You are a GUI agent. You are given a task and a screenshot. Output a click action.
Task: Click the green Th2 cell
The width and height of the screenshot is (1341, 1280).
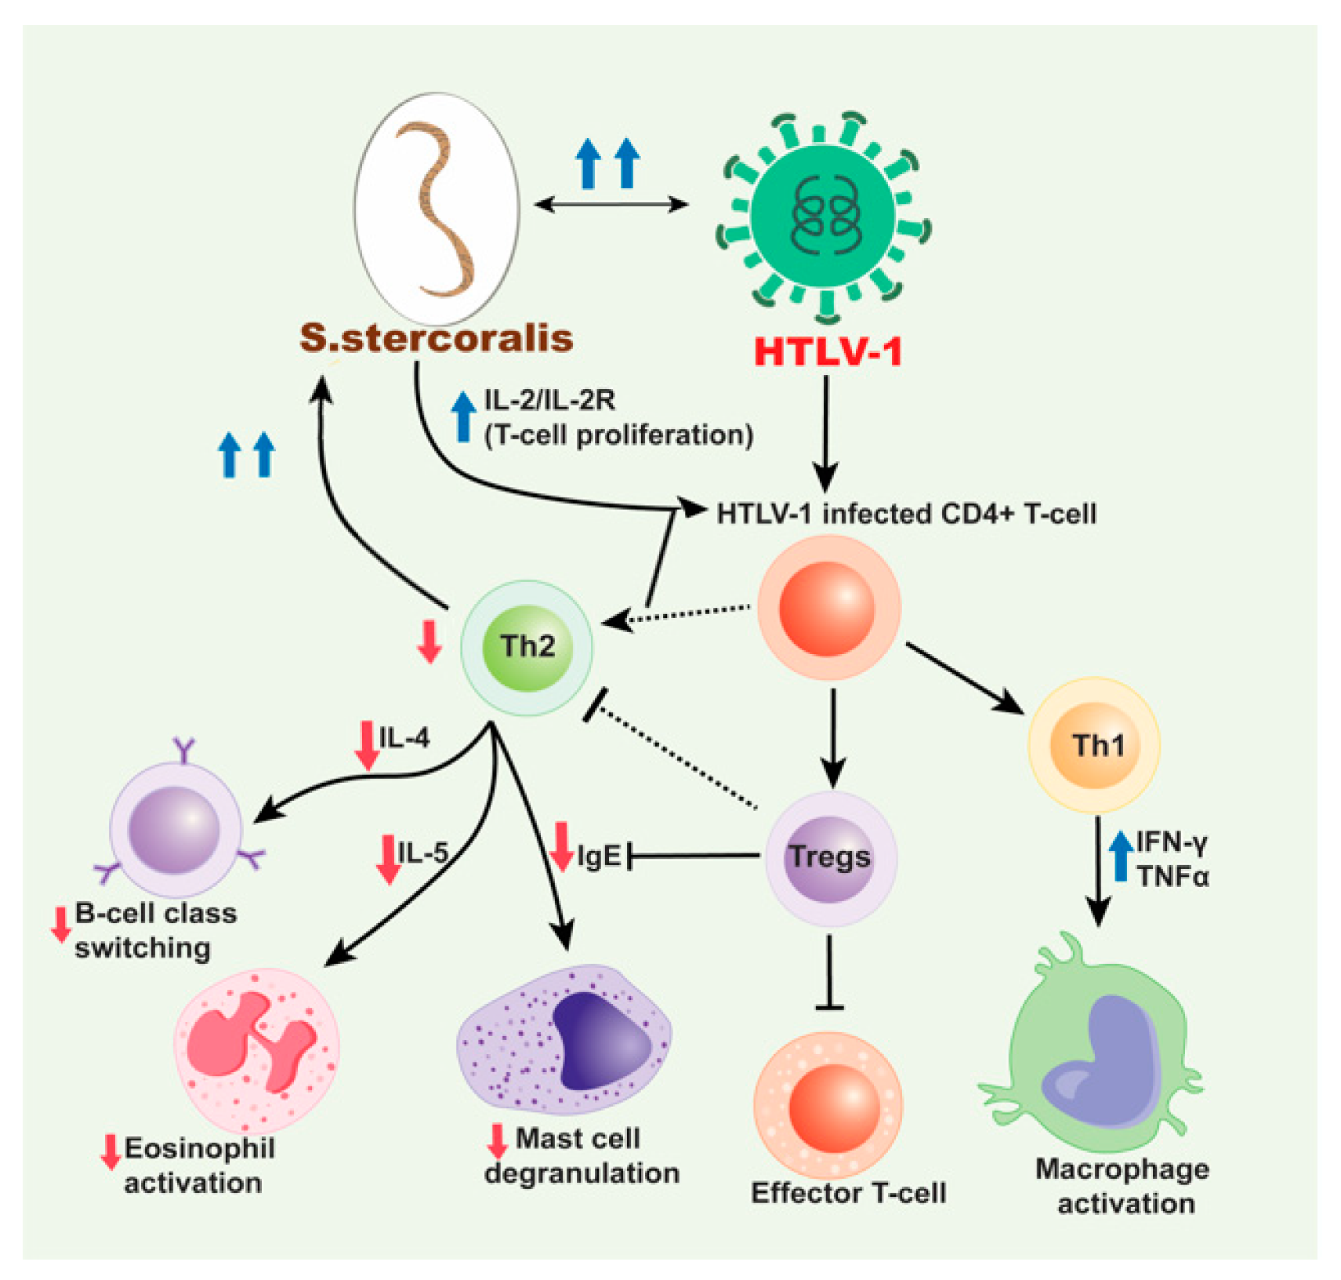click(x=527, y=647)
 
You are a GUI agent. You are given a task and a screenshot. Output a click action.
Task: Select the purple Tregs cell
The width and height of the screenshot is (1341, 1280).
click(x=829, y=858)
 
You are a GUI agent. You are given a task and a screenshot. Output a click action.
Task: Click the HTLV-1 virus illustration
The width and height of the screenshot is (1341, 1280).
click(x=823, y=216)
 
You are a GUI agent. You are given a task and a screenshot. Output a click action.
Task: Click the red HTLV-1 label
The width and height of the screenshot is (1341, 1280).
click(x=827, y=352)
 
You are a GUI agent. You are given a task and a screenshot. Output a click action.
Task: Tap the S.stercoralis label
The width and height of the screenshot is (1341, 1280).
click(x=436, y=338)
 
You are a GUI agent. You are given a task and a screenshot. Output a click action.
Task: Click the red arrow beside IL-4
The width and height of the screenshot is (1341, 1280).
click(x=366, y=744)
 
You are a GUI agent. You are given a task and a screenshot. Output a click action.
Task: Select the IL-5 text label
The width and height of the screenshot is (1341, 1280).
click(x=422, y=853)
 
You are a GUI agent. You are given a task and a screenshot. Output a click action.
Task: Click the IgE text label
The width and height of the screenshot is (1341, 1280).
click(x=599, y=856)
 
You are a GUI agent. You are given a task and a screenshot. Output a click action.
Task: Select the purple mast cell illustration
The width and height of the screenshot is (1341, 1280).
click(x=564, y=1039)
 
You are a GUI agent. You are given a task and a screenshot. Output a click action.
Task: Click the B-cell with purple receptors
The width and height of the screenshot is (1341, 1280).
click(x=176, y=828)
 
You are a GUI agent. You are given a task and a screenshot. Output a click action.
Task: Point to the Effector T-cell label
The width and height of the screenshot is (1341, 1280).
click(x=848, y=1193)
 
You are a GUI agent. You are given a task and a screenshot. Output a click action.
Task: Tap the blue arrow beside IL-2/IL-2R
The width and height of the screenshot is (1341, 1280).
click(x=463, y=416)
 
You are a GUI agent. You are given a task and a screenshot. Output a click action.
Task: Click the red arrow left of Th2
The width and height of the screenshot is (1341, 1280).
click(x=429, y=641)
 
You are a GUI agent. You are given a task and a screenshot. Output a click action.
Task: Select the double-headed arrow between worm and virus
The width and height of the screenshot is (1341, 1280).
click(x=611, y=205)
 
